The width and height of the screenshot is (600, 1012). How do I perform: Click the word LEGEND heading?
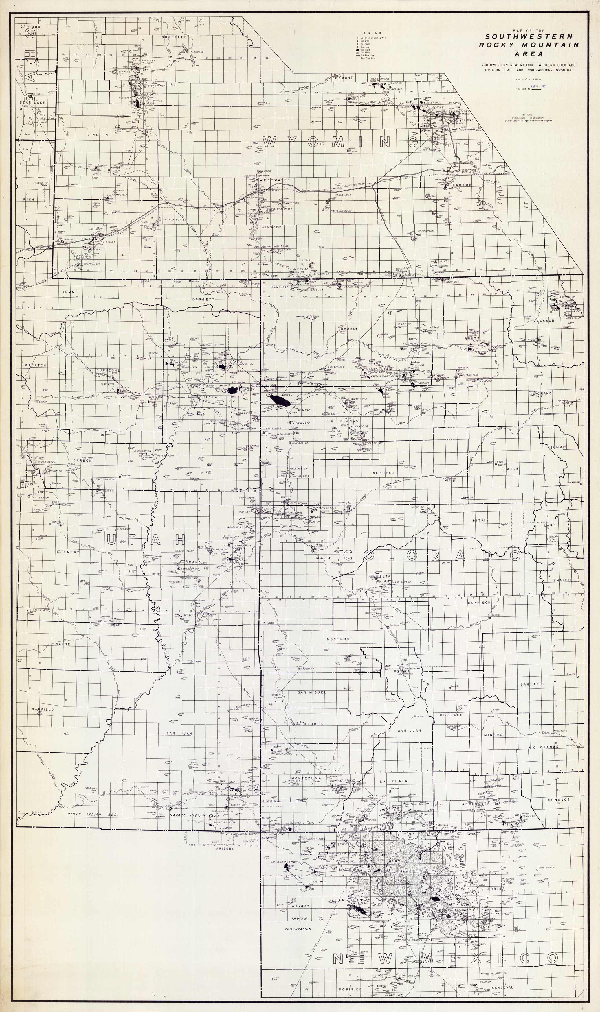(x=371, y=33)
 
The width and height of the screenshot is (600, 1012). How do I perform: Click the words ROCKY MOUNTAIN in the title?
(x=529, y=45)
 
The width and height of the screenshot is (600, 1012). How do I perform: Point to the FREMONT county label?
(x=343, y=77)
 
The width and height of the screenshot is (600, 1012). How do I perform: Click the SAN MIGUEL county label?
(x=312, y=692)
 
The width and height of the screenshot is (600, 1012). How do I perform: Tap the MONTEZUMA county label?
(x=306, y=778)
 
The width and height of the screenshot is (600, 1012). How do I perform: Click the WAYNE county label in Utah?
(x=63, y=644)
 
